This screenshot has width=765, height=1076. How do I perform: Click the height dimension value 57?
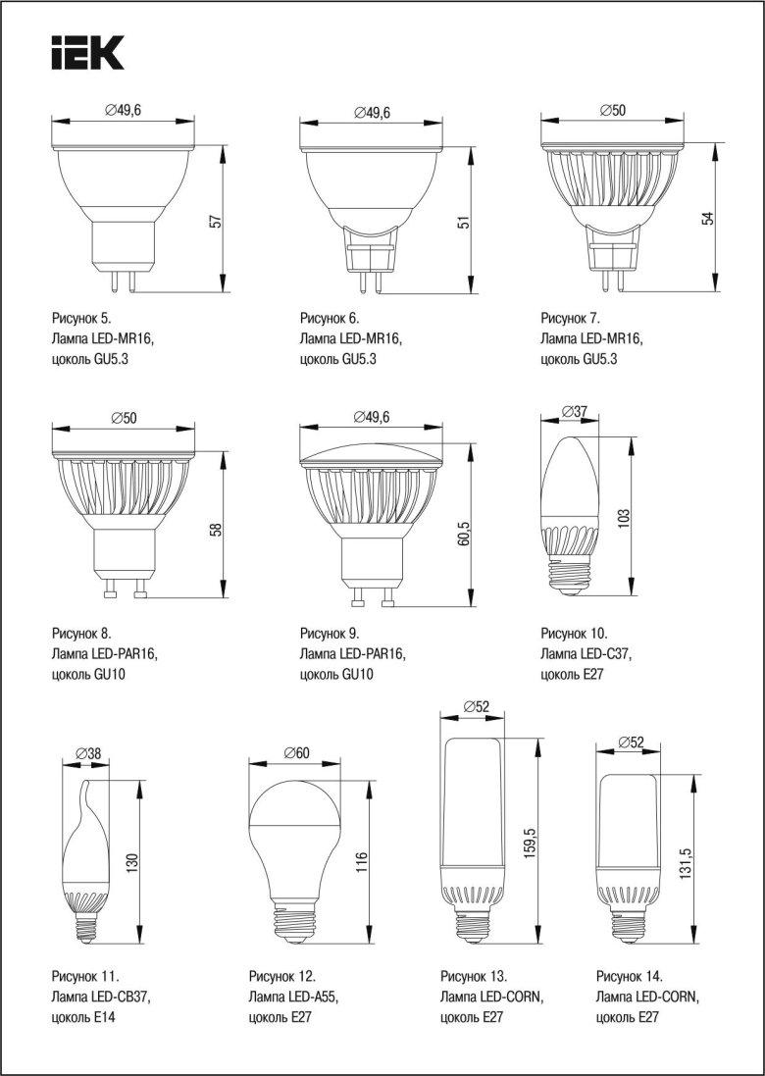(217, 222)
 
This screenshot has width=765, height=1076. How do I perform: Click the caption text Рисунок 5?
(81, 319)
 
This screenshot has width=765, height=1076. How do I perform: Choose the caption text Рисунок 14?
(630, 976)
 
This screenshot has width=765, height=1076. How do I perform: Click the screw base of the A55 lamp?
(295, 920)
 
